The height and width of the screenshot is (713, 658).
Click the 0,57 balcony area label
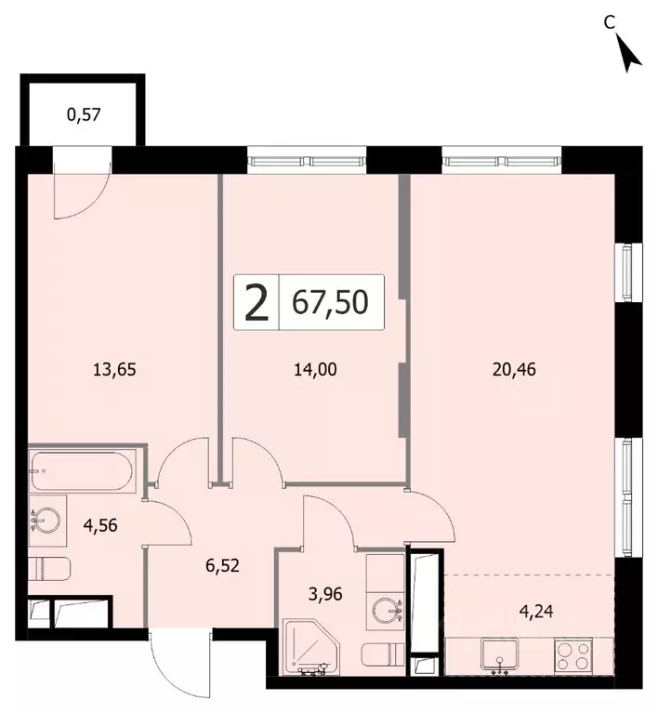pyautogui.click(x=84, y=114)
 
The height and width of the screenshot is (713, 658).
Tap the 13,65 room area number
pyautogui.click(x=114, y=369)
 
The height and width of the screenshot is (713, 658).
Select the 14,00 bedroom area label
pyautogui.click(x=316, y=369)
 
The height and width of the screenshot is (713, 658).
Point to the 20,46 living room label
pyautogui.click(x=514, y=369)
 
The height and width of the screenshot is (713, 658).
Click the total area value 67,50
pyautogui.click(x=330, y=302)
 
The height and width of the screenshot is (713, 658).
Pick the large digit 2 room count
pyautogui.click(x=256, y=302)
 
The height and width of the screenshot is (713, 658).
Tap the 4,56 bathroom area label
pyautogui.click(x=100, y=525)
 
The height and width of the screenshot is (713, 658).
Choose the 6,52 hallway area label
pyautogui.click(x=222, y=566)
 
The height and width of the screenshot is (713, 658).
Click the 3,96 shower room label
pyautogui.click(x=325, y=594)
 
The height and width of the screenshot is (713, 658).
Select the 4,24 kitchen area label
pyautogui.click(x=536, y=611)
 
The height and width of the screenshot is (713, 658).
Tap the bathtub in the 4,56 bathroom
pyautogui.click(x=82, y=471)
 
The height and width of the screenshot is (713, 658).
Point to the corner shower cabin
pyautogui.click(x=311, y=647)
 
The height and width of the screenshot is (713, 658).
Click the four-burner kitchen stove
pyautogui.click(x=573, y=654)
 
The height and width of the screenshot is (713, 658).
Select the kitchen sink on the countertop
pyautogui.click(x=500, y=654)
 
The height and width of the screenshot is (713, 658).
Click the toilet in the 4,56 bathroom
pyautogui.click(x=49, y=568)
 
